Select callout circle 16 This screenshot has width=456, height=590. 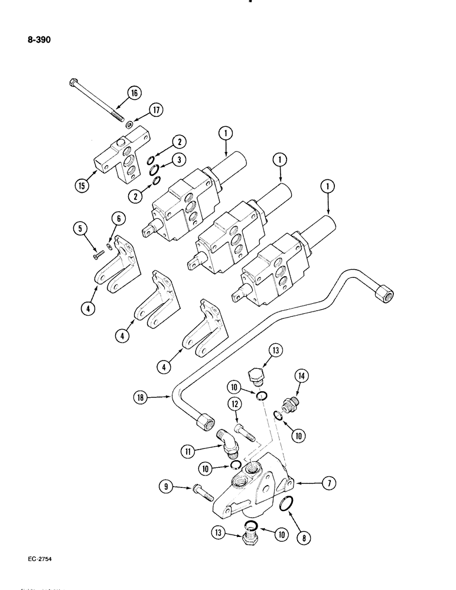click(134, 93)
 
